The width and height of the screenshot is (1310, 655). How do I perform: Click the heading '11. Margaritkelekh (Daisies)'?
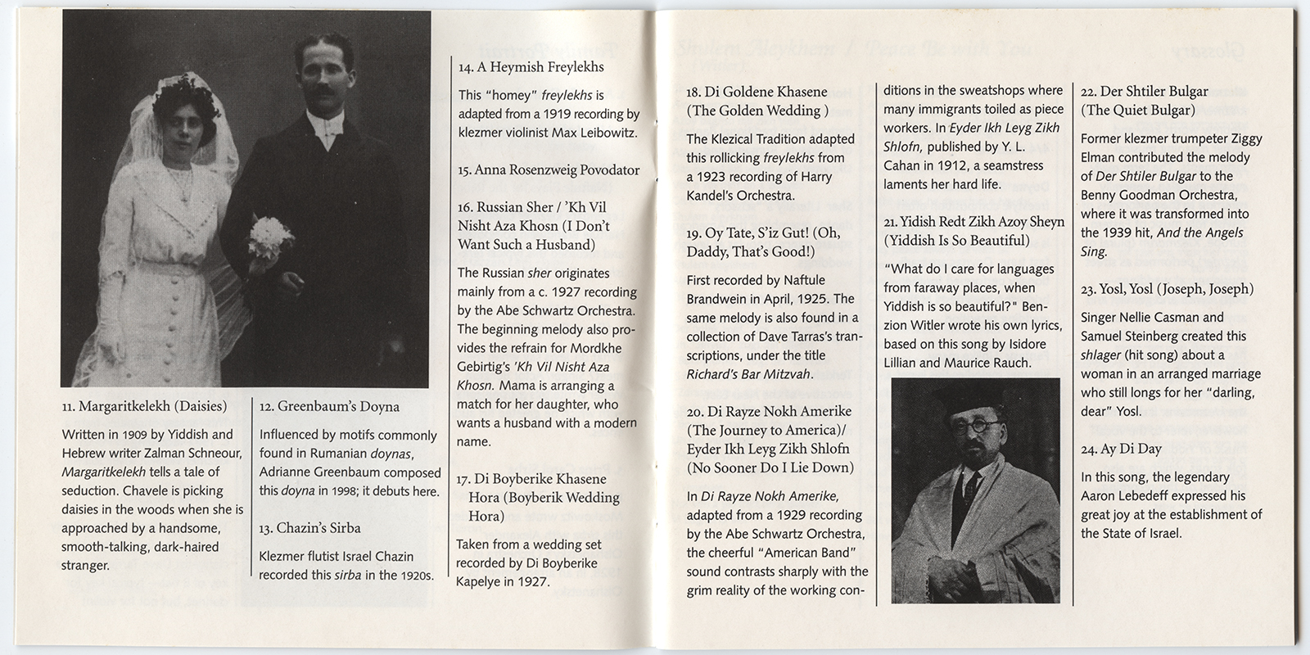[145, 406]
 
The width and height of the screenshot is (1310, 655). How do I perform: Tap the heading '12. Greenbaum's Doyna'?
[329, 406]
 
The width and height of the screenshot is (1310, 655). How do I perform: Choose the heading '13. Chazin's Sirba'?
[309, 527]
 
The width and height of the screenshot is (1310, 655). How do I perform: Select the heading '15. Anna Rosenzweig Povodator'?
[549, 170]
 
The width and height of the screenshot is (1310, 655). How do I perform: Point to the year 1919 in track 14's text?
[549, 114]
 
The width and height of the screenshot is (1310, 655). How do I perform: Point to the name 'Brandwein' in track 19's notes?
[720, 299]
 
